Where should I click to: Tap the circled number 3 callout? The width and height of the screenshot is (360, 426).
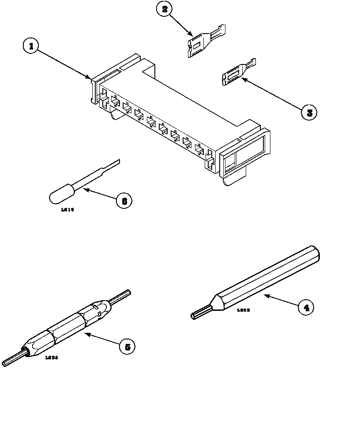[x=309, y=112]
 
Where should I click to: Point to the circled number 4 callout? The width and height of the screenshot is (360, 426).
[x=306, y=307]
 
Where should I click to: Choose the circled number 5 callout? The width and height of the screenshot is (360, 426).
[x=127, y=347]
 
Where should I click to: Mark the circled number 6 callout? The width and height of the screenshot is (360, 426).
[x=124, y=201]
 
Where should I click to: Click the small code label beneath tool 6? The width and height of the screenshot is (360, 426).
[x=67, y=210]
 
